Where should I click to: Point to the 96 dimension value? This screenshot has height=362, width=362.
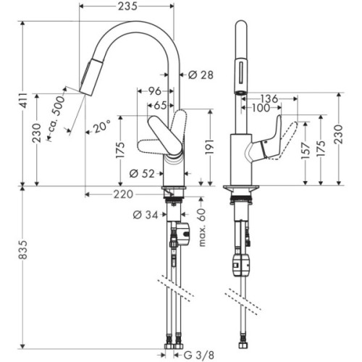click(x=153, y=92)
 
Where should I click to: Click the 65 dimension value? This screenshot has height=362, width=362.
click(x=161, y=105)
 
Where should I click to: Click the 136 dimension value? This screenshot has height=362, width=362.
click(x=269, y=98)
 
